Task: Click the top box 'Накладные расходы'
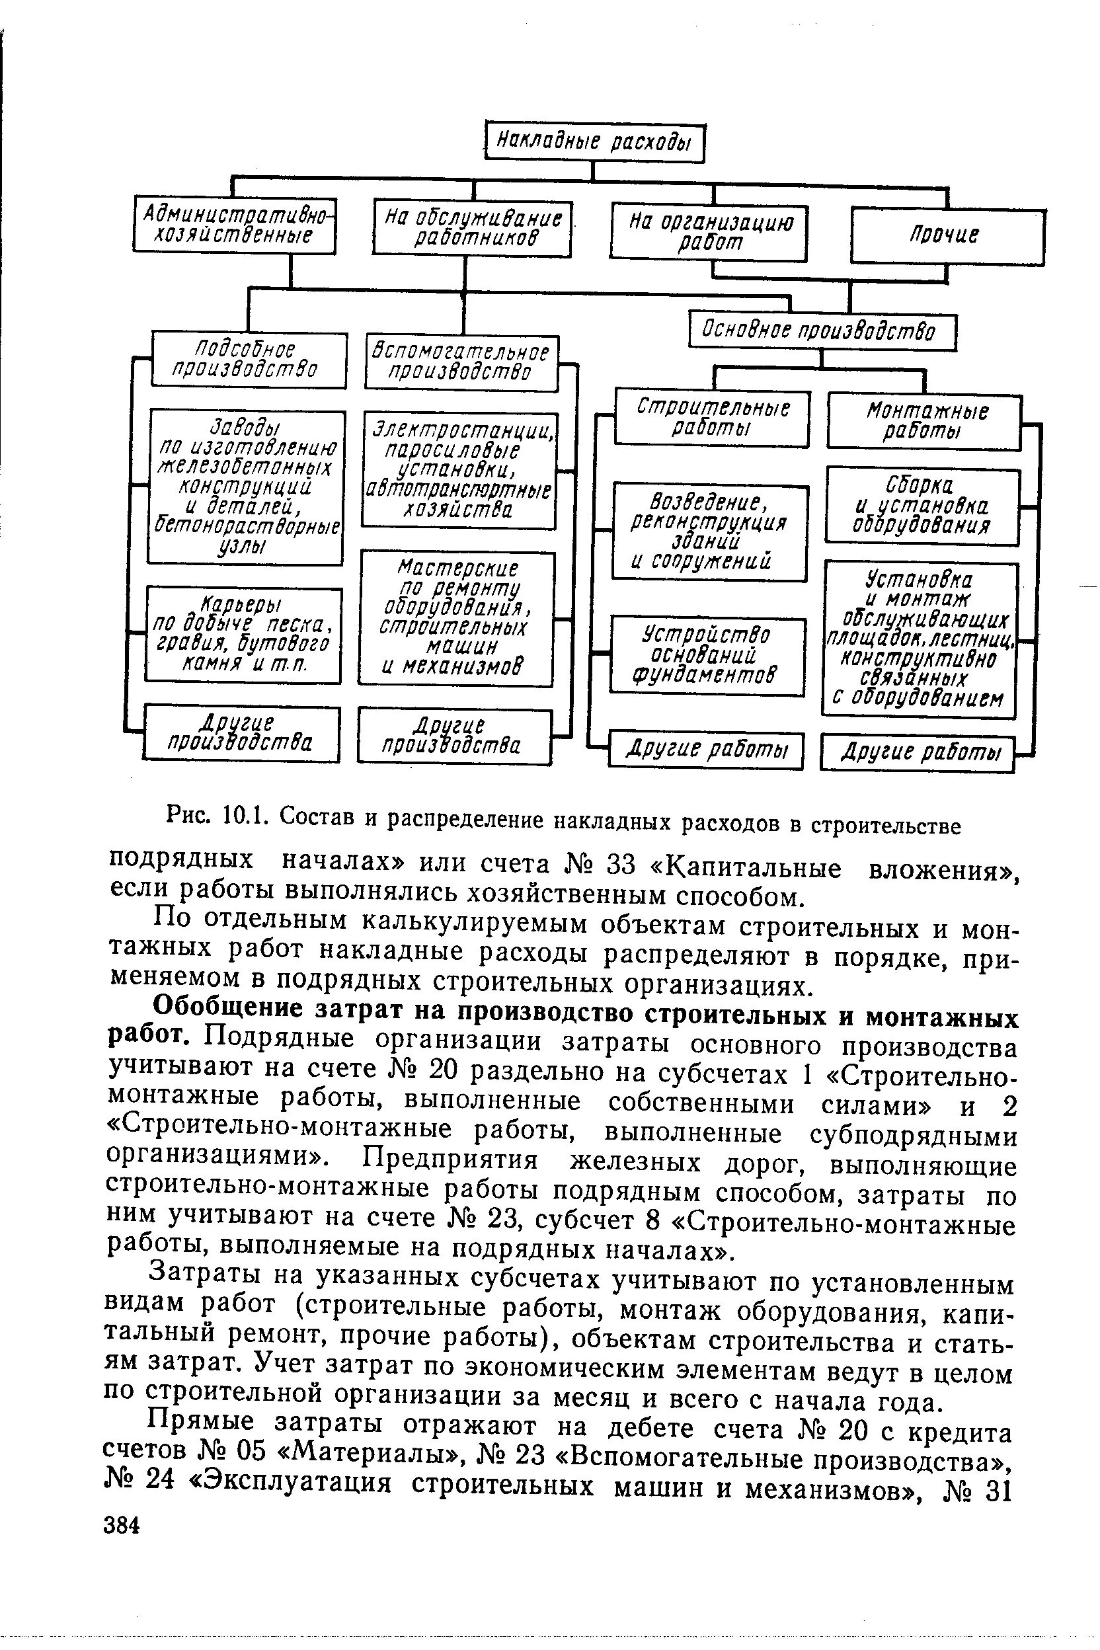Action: (x=594, y=143)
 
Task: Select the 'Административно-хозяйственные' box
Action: (x=234, y=225)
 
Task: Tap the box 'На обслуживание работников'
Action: (x=473, y=228)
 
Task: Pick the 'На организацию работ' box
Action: (x=709, y=231)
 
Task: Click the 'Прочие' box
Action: (x=947, y=237)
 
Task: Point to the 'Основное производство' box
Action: (x=822, y=331)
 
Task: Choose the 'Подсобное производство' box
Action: (x=249, y=359)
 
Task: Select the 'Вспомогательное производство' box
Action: (x=461, y=362)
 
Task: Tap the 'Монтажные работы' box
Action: (x=925, y=422)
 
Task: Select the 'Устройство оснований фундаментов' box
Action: (x=708, y=656)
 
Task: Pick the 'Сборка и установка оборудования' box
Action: (x=922, y=506)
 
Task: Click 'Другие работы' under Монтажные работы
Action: (x=918, y=753)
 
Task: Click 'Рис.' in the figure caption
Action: (x=187, y=815)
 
